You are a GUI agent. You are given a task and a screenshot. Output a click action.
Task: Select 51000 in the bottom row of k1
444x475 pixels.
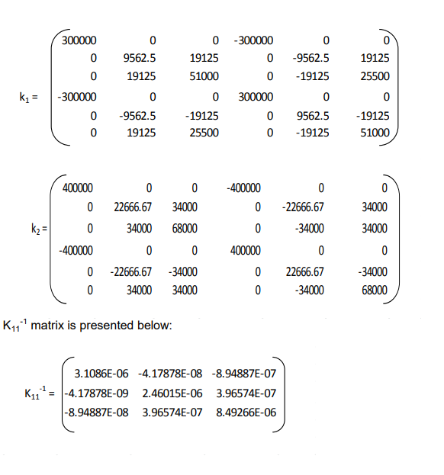coord(374,133)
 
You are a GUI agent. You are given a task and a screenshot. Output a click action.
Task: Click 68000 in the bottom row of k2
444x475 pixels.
coord(374,290)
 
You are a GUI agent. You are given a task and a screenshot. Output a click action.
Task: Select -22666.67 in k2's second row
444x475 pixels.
coord(303,207)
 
